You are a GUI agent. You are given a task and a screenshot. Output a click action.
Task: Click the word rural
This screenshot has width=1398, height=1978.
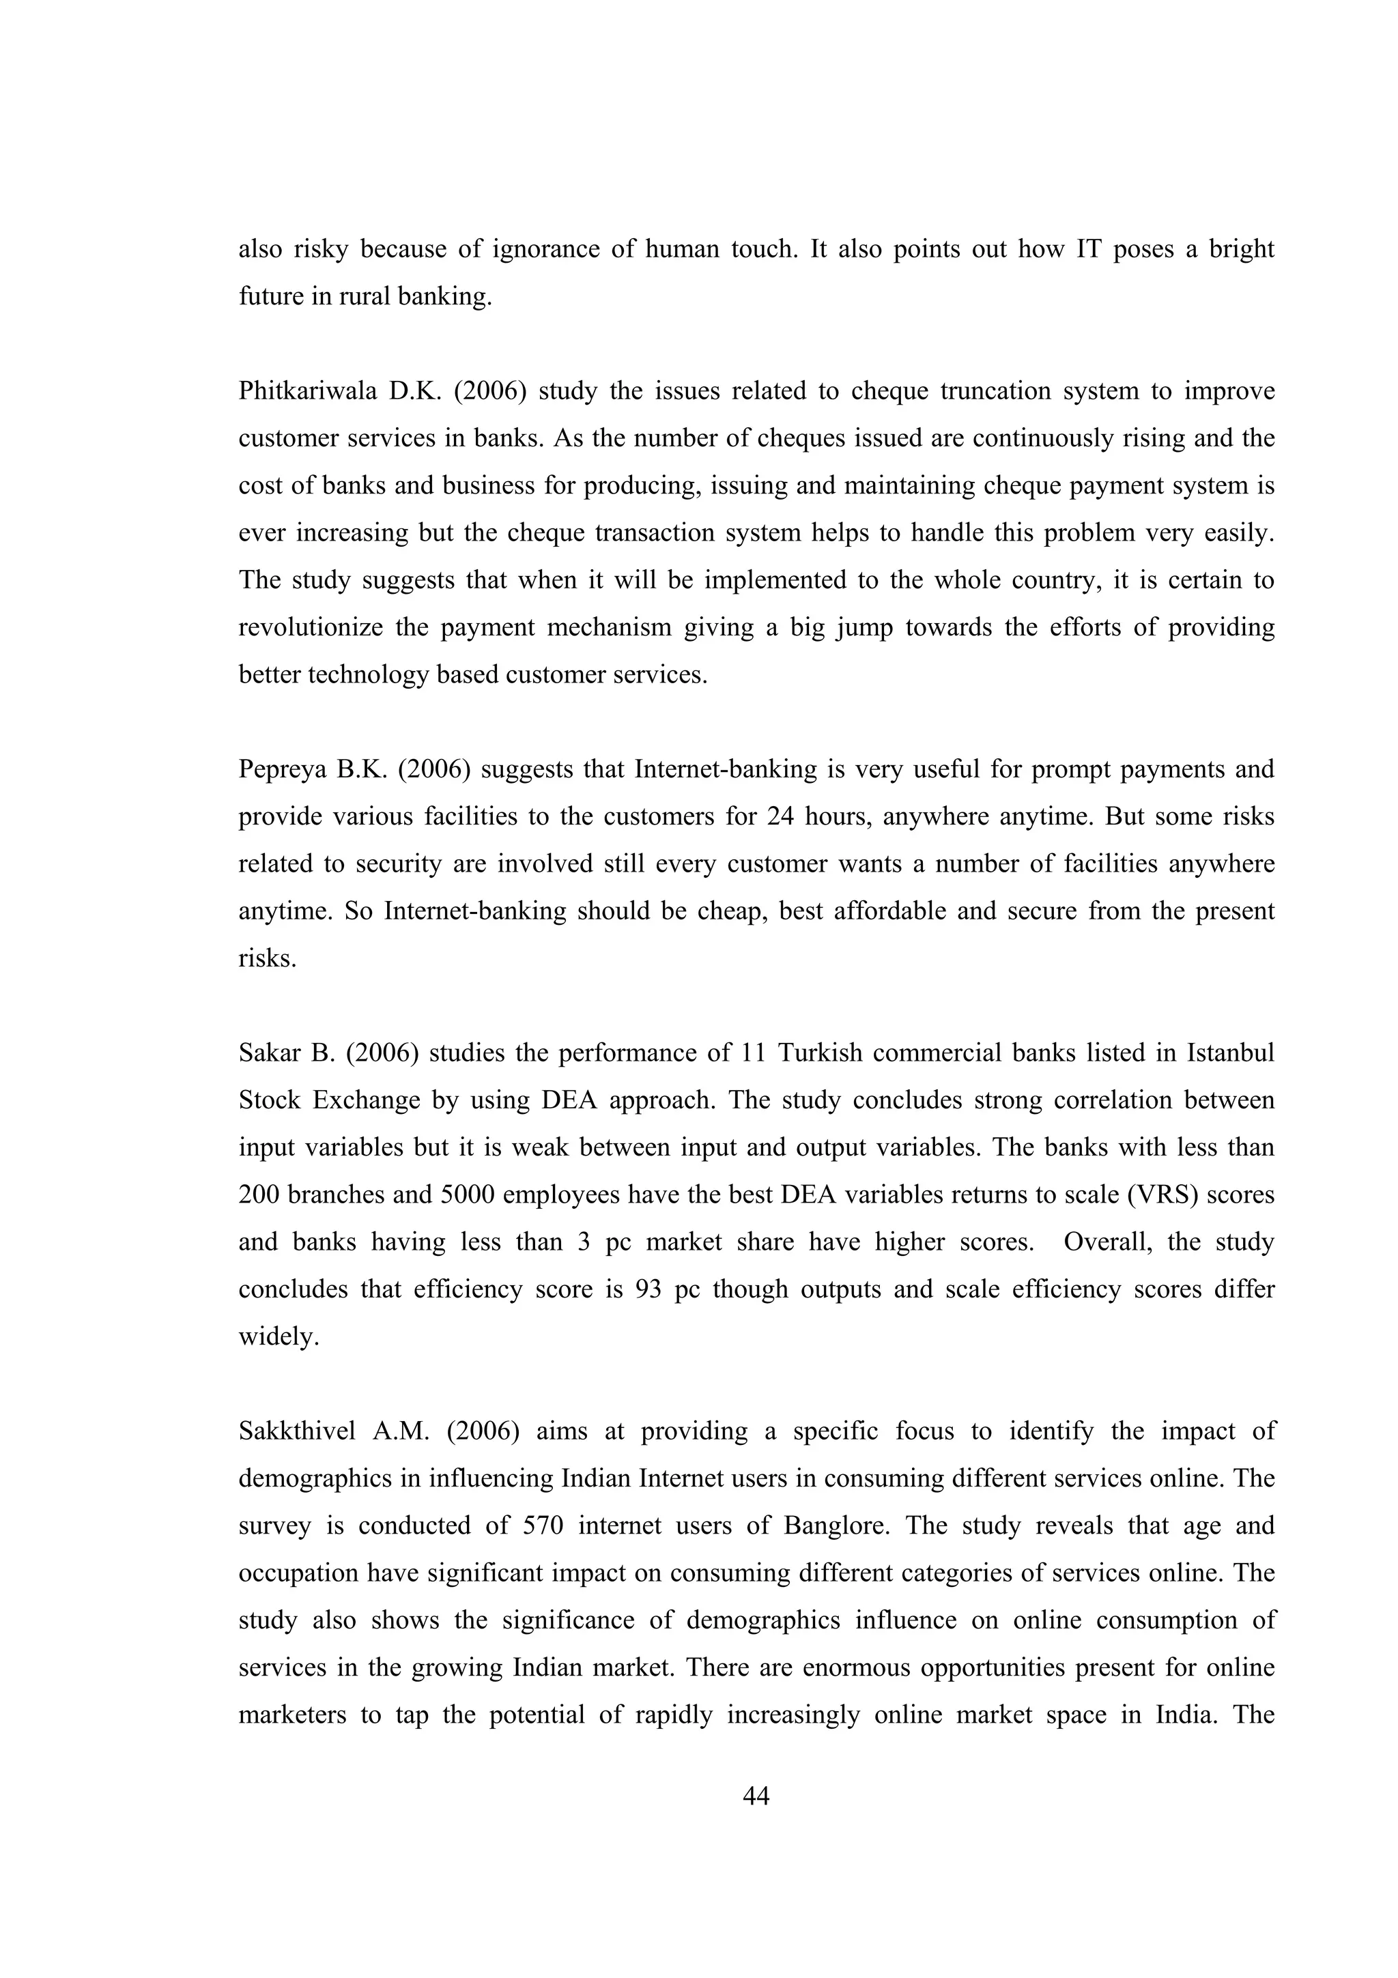pos(365,296)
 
